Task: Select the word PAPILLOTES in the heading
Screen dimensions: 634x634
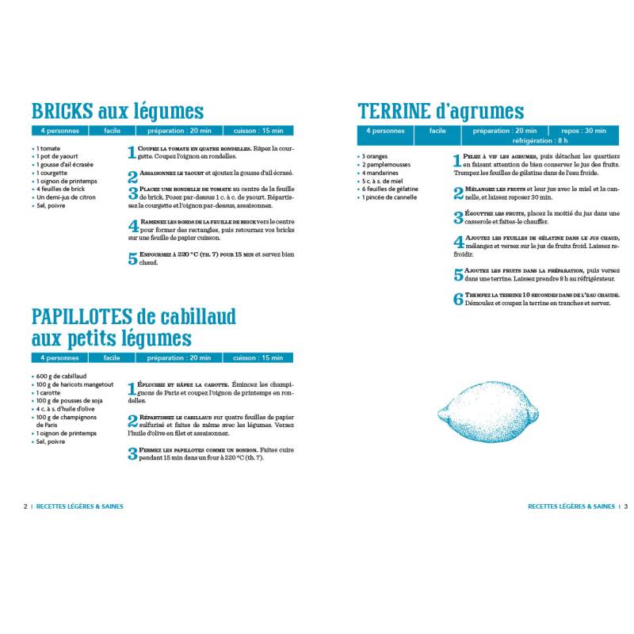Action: click(81, 317)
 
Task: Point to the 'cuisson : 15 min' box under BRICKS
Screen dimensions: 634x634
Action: click(258, 131)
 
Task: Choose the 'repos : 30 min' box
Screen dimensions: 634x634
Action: click(583, 131)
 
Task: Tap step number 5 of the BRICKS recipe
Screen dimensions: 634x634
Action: click(132, 258)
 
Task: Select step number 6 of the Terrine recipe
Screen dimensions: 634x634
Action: click(458, 299)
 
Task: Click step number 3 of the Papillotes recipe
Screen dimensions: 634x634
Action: click(132, 453)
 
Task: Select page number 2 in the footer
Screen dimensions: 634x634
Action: click(26, 506)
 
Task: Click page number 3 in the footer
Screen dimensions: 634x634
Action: click(625, 506)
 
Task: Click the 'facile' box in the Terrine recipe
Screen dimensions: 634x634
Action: click(437, 131)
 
